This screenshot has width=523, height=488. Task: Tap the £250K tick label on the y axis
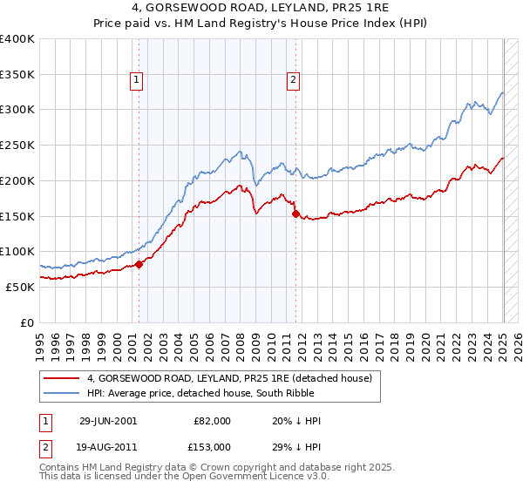[x=17, y=145]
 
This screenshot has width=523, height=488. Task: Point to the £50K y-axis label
[x=21, y=287]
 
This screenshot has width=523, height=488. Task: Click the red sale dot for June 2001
[x=139, y=264]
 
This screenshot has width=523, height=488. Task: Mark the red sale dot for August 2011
[x=295, y=213]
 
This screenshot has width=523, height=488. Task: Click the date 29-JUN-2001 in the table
[x=108, y=420]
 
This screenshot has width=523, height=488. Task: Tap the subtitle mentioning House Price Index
[x=261, y=24]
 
